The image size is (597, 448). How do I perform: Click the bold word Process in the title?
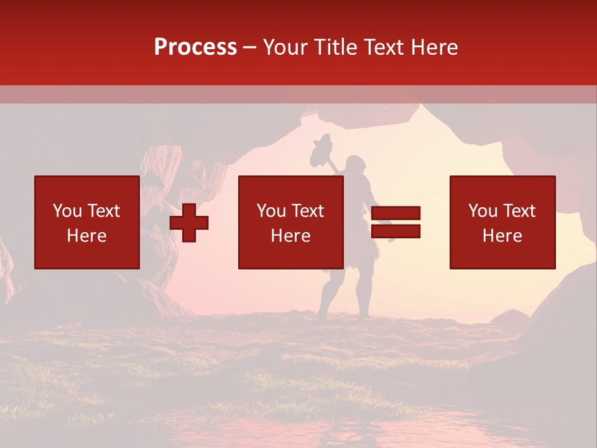[195, 47]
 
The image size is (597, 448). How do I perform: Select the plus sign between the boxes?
[189, 222]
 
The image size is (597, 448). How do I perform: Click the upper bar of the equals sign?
[396, 213]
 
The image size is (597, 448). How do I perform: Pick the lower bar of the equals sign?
[396, 231]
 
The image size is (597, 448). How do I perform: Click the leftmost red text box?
[87, 222]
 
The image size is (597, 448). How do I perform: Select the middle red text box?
[290, 222]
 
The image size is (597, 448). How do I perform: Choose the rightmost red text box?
[502, 222]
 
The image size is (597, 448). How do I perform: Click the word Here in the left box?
[86, 236]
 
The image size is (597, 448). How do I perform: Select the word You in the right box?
[483, 211]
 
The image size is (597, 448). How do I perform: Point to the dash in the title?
[249, 48]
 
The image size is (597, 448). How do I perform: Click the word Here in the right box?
[502, 236]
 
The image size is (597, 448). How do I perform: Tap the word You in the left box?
[68, 211]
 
